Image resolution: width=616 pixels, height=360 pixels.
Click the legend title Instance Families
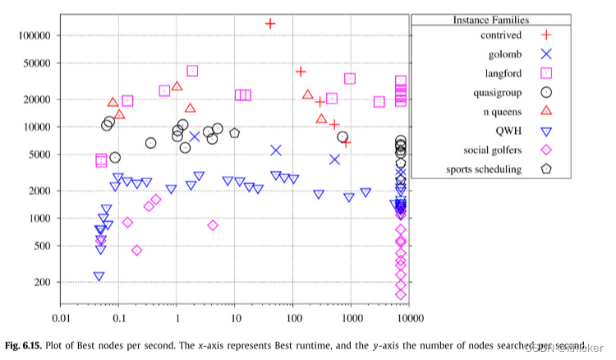pos(490,19)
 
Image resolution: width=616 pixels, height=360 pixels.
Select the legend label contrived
pos(501,35)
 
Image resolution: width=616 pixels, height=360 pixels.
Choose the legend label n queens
pos(500,112)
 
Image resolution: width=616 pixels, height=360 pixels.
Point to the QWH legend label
pos(508,132)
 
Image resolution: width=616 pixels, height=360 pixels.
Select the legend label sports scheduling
pos(484,170)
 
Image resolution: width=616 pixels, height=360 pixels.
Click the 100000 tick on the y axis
pos(34,35)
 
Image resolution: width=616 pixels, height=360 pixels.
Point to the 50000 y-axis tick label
pos(37,63)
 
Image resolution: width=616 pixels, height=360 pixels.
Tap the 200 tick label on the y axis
pos(43,283)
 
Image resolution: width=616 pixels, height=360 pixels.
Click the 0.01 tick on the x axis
pos(60,317)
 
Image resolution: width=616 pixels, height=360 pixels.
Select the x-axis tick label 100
pos(293,317)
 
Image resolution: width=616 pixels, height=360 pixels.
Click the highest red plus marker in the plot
pos(270,23)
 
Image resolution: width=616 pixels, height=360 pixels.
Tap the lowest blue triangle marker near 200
pos(99,277)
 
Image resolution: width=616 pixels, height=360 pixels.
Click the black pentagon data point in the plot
pos(235,133)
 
